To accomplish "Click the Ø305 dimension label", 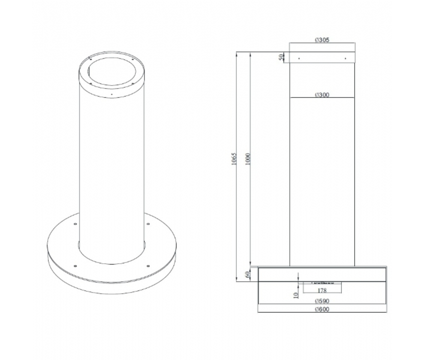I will click(322, 40).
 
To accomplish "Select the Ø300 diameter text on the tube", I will click(322, 95).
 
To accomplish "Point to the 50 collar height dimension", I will click(281, 57).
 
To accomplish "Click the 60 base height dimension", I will click(248, 274).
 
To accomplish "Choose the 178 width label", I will click(322, 290).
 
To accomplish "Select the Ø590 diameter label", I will click(322, 301).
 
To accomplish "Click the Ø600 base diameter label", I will click(322, 309).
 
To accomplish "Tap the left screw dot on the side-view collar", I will click(299, 58).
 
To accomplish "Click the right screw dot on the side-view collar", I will click(345, 58).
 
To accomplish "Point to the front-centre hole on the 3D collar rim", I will click(112, 94).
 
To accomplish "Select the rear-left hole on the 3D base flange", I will click(75, 223).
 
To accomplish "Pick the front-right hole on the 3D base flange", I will click(148, 265).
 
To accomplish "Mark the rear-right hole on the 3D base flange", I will click(148, 223).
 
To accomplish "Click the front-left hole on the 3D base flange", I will click(75, 266).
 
